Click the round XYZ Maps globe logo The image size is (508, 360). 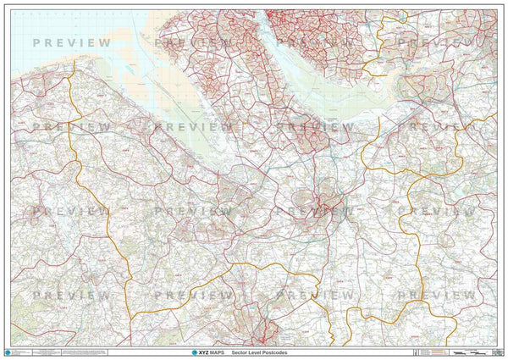pyautogui.click(x=179, y=352)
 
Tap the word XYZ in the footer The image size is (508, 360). pyautogui.click(x=194, y=352)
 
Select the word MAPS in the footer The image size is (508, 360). pyautogui.click(x=211, y=352)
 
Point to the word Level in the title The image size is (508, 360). pyautogui.click(x=259, y=352)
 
